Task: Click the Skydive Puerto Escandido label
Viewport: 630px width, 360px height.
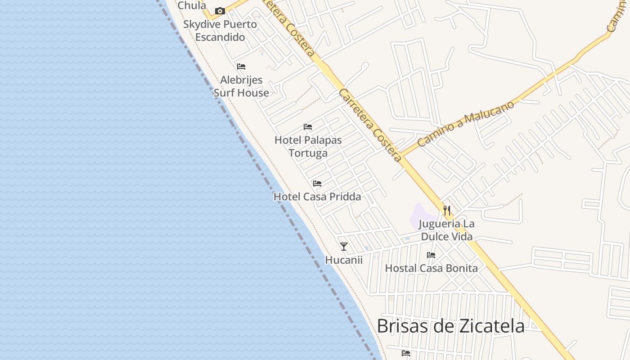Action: coord(220,31)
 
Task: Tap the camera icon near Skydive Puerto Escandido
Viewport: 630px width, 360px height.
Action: coord(220,11)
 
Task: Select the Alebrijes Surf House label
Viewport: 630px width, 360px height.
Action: coord(241,86)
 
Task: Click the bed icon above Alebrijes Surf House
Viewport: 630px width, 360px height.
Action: coord(241,67)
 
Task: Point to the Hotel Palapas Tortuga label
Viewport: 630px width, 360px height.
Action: coord(308,146)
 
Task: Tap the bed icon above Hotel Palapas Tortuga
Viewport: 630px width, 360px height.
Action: coord(308,127)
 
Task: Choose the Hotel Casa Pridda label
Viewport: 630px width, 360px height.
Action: coord(317,197)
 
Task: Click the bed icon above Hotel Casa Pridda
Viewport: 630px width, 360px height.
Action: coord(317,184)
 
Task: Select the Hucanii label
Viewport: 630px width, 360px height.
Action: coord(344,260)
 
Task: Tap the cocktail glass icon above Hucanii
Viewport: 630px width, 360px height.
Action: coord(344,246)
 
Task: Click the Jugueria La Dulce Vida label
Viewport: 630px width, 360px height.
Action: coord(446,230)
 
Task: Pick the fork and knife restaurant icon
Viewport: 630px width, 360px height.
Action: coord(446,210)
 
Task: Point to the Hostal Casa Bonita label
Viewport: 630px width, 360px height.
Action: coord(431,268)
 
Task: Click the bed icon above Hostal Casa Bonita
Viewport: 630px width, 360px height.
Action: coord(431,255)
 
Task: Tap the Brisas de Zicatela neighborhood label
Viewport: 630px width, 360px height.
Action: coord(450,326)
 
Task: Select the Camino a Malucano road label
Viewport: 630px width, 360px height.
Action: coord(466,123)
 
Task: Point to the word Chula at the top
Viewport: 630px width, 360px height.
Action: coord(192,5)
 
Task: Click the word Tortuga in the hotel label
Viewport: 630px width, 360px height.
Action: coord(308,153)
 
